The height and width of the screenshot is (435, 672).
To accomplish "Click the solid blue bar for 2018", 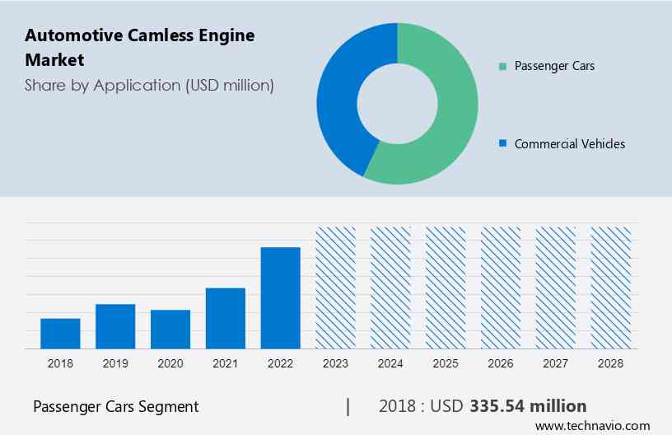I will [60, 333].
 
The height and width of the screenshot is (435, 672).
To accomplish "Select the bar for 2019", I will [115, 326].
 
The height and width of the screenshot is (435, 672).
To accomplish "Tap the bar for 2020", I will [170, 329].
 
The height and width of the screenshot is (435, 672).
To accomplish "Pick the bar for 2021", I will [226, 318].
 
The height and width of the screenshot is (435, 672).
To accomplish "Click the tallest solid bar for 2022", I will [281, 297].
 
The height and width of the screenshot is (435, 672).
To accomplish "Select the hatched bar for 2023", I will [336, 288].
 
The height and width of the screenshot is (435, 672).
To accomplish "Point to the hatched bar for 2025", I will [446, 288].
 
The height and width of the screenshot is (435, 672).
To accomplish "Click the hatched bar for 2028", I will [611, 288].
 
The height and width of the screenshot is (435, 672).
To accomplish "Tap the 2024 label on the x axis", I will [390, 362].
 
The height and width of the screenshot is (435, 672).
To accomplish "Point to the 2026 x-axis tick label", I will [501, 362].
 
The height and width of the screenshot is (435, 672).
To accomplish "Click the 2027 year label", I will [556, 362].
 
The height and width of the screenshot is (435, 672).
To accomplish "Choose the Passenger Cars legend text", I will [554, 65].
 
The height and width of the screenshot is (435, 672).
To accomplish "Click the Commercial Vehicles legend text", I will [569, 143].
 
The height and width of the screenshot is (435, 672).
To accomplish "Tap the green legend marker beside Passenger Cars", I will [502, 66].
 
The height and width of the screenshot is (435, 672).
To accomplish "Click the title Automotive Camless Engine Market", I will [140, 47].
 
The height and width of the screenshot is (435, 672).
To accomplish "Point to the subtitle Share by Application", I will [149, 85].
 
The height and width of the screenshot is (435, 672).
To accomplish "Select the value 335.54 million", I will [528, 406].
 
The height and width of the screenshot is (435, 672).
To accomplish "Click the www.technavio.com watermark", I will [592, 426].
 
